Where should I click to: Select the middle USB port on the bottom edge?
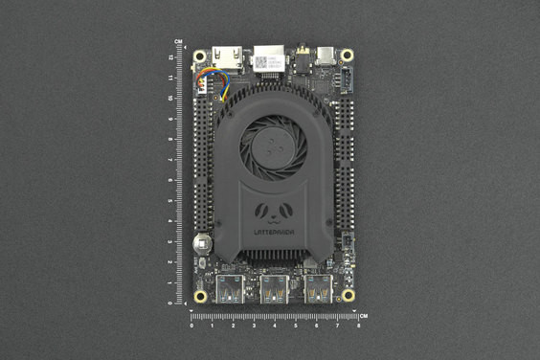click(x=274, y=287)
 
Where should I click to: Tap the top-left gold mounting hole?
click(x=200, y=56)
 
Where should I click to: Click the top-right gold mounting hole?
click(x=347, y=56)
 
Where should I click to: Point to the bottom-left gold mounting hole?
click(x=200, y=296)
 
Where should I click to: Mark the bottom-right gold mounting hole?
click(x=348, y=296)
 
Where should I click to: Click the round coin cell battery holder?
click(x=202, y=243)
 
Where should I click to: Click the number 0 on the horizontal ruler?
click(x=191, y=326)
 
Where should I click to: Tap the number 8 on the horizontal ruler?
click(x=358, y=326)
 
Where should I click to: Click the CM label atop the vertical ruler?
click(x=179, y=42)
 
